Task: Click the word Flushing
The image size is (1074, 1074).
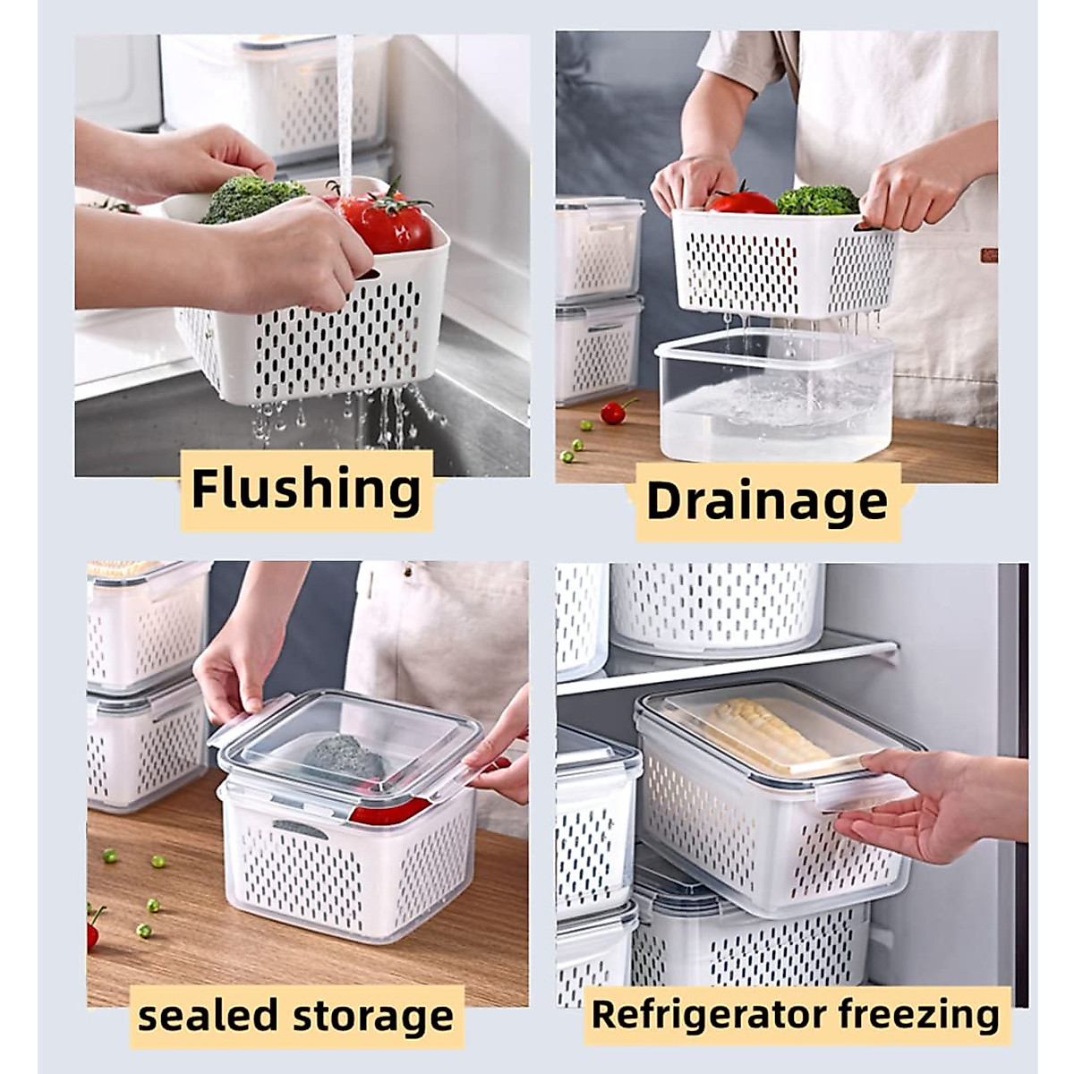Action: [x=306, y=490]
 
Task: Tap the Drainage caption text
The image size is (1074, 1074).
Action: [x=767, y=501]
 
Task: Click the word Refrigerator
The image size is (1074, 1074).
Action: [x=709, y=1015]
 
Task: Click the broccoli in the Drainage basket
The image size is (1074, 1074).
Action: [x=816, y=200]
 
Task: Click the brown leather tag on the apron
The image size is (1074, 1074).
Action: [x=988, y=255]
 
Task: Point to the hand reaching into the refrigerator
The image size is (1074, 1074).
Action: [x=931, y=797]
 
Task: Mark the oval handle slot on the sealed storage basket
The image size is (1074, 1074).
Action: [x=300, y=828]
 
